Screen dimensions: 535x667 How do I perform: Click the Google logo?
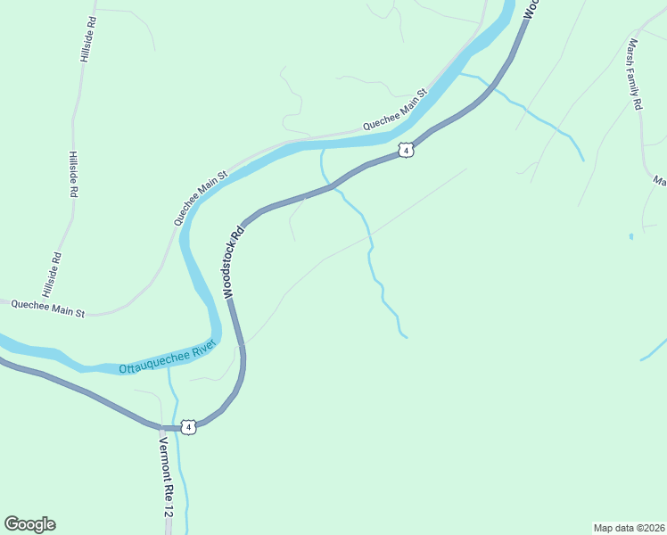[29, 524]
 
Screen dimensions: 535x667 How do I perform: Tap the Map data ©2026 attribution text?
[629, 527]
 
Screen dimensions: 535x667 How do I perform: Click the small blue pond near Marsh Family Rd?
[630, 236]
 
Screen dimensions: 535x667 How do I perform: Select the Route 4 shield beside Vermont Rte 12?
[188, 427]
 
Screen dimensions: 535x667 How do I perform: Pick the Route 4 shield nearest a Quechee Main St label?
[406, 150]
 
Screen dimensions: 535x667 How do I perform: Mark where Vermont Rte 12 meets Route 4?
[161, 427]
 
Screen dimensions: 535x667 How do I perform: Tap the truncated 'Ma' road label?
[660, 181]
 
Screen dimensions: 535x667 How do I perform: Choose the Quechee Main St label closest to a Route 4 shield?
[395, 110]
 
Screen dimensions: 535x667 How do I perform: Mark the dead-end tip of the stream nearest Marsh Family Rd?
[583, 160]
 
